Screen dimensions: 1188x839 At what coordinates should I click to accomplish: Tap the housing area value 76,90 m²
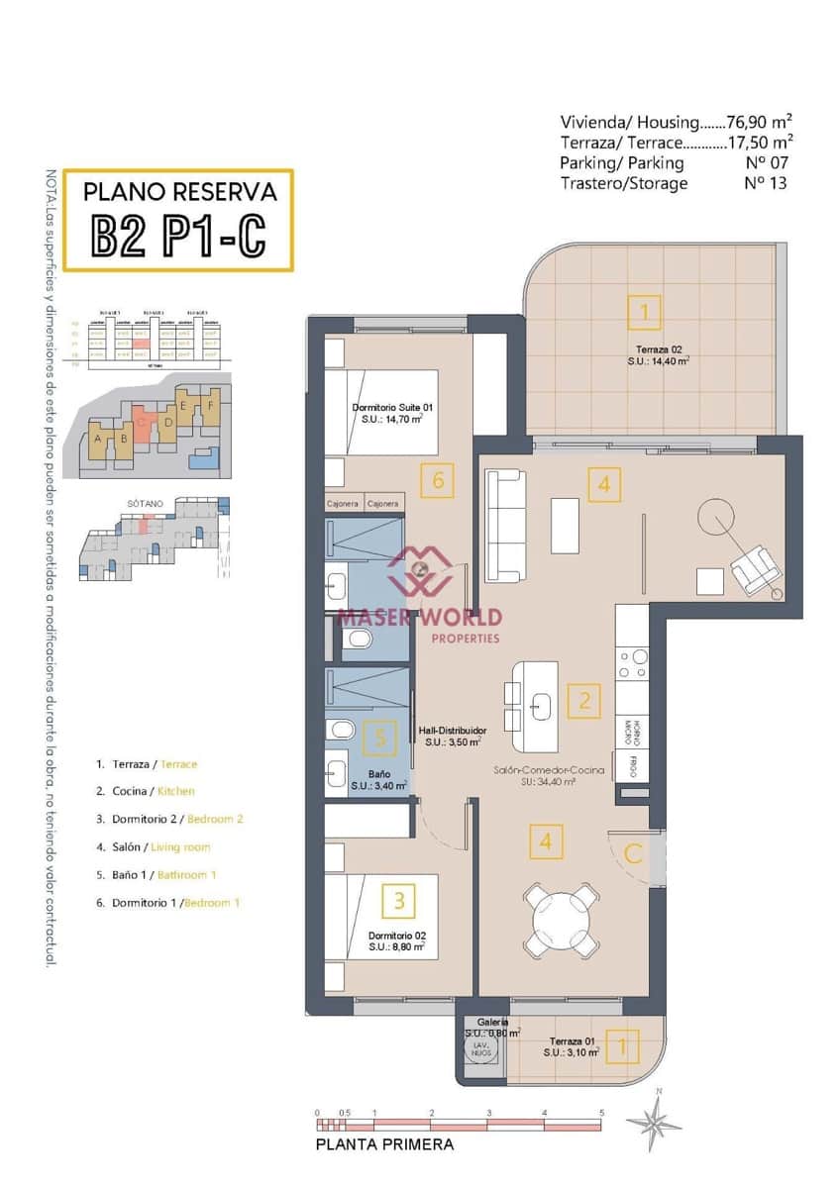pos(759,122)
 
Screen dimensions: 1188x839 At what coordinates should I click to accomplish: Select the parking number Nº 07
pos(765,162)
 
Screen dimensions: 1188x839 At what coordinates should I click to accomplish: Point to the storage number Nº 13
pos(765,183)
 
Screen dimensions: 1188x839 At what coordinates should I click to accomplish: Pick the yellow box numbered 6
pos(437,481)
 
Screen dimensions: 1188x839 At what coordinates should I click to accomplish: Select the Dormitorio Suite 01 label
pos(392,413)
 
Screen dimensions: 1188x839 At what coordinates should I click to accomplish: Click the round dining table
pos(562,920)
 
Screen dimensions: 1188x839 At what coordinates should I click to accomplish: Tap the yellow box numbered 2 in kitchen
pos(584,701)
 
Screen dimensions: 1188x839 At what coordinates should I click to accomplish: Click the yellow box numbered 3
pos(398,901)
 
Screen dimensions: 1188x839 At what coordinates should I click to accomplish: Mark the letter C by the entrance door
pos(634,853)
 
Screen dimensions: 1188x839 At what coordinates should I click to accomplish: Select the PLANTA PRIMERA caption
pos(384,1144)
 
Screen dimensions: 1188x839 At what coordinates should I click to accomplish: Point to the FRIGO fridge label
pos(634,765)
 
